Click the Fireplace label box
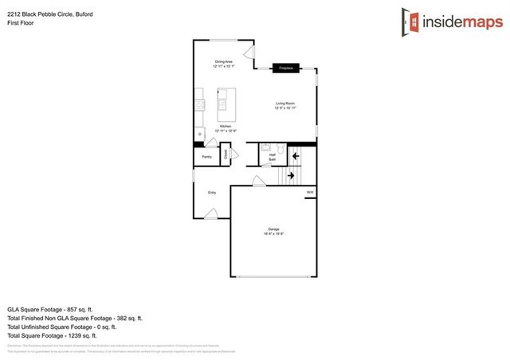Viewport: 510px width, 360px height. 285,68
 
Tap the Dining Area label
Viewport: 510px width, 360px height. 223,64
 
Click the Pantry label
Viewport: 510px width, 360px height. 206,157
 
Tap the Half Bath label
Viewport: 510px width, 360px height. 272,158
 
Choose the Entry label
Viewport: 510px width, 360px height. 212,193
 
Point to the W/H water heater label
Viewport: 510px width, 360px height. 310,192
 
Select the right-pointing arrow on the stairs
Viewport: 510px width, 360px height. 292,175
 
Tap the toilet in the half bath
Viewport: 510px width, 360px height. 268,147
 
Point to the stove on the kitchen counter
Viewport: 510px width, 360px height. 198,104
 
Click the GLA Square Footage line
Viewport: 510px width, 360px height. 50,308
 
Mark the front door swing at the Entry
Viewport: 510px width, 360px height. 212,213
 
